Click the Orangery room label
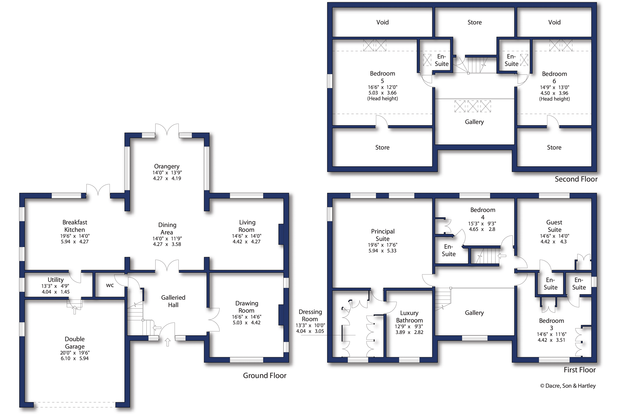point(167,166)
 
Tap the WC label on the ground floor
point(110,285)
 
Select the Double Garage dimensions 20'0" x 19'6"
point(75,353)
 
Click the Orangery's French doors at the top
point(167,130)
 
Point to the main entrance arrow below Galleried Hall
point(168,342)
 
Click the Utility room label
point(55,280)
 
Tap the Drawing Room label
point(247,307)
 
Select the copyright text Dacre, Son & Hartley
point(568,386)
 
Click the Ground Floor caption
point(265,375)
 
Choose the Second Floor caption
point(576,179)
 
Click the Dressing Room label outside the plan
point(310,315)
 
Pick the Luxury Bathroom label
point(409,316)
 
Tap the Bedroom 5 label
point(382,77)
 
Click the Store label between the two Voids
point(474,22)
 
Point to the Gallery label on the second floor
point(474,122)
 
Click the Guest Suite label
point(554,226)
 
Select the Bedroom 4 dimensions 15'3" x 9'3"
point(482,224)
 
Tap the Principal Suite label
point(383,235)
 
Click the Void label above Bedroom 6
point(554,22)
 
